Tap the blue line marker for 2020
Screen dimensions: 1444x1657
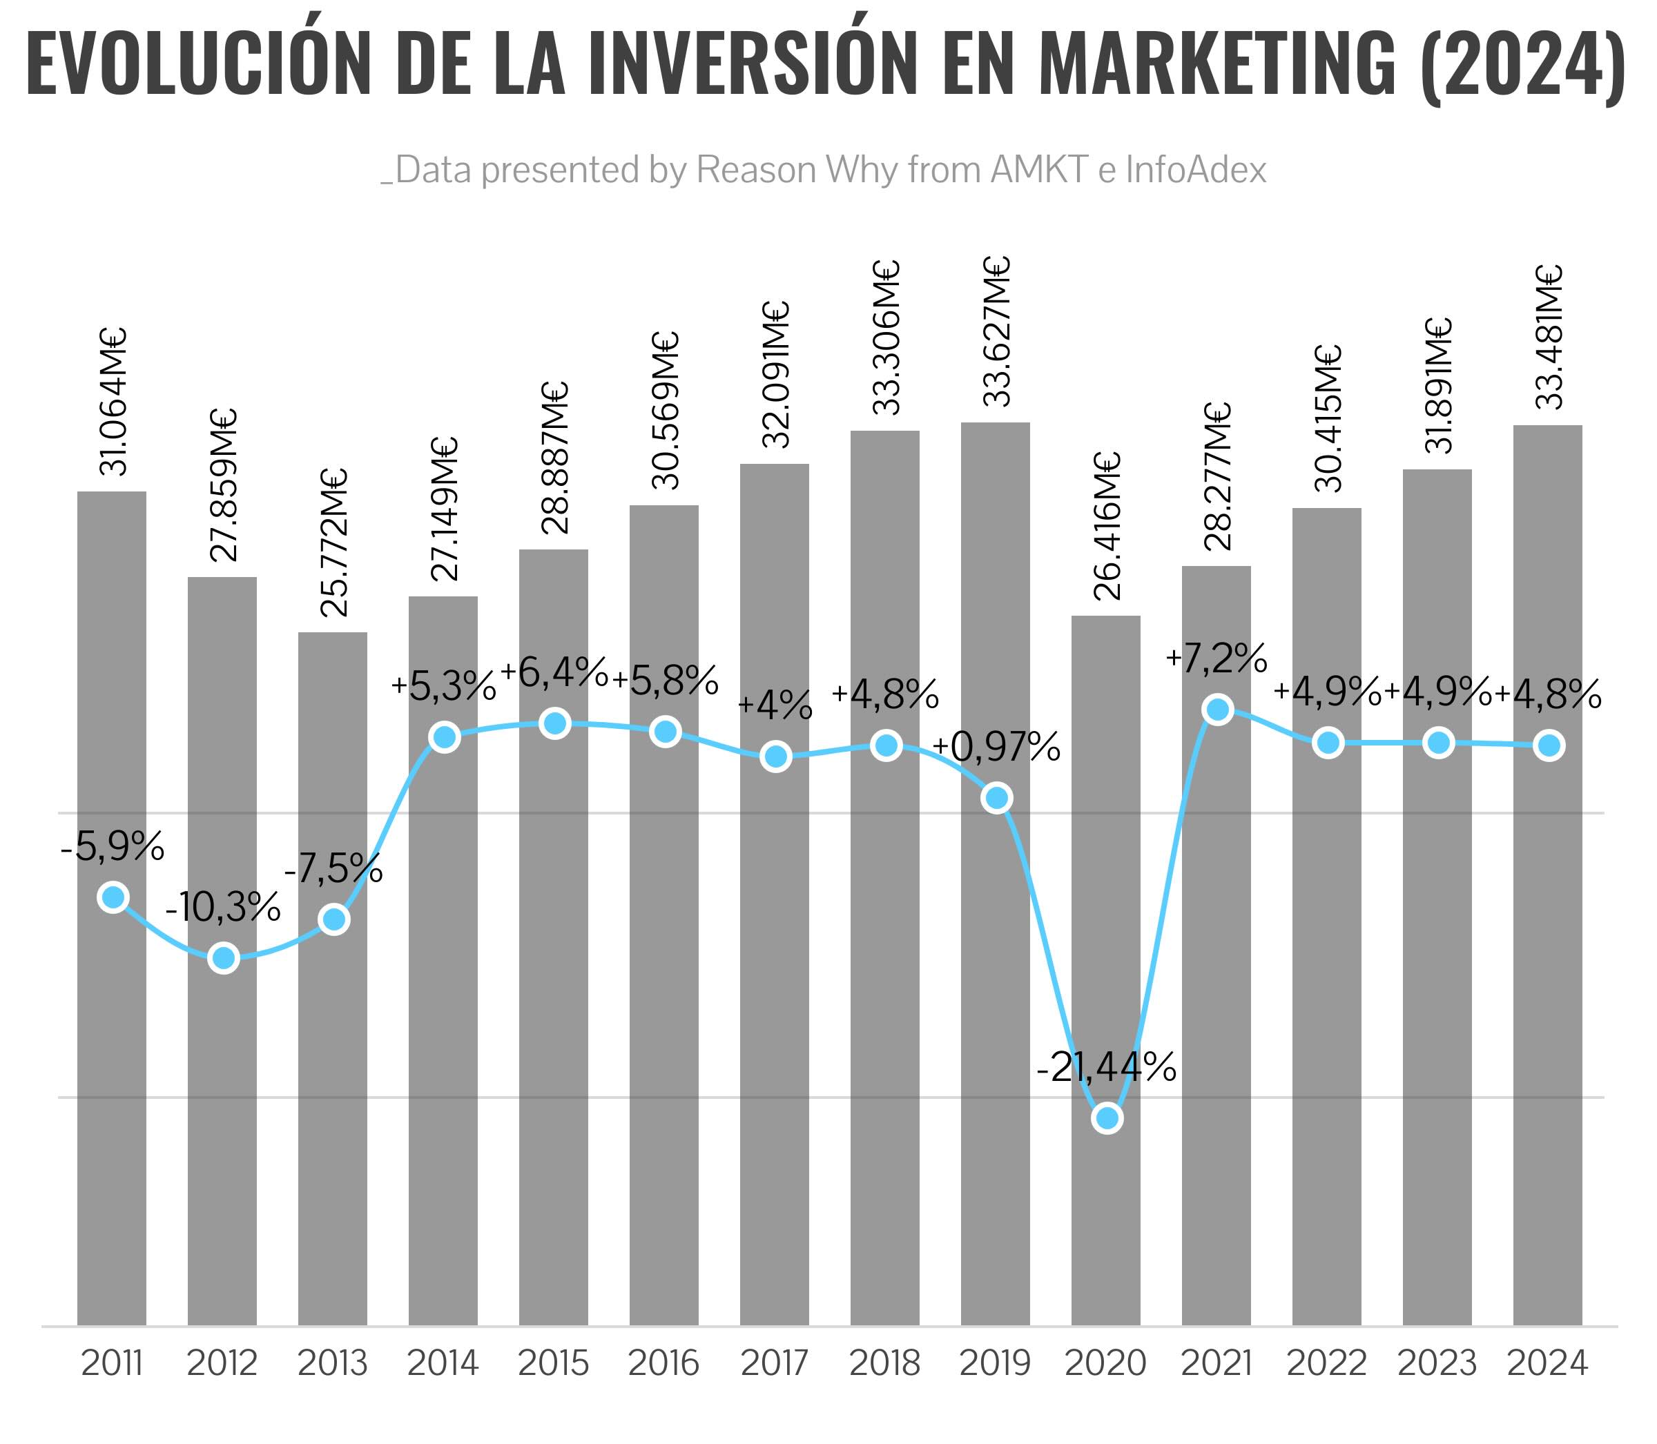pos(1107,1118)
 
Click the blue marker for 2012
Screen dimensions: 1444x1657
pos(223,958)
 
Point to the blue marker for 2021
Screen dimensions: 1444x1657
pos(1218,709)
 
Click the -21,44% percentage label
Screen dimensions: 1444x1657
pos(1106,1069)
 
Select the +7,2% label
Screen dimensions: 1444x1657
pos(1216,659)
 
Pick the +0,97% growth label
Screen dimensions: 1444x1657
pos(996,748)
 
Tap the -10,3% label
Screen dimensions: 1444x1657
pos(223,908)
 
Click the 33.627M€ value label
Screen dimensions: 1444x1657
pos(996,332)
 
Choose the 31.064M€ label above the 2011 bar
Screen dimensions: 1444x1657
pos(112,401)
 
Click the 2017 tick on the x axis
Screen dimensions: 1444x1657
pos(775,1363)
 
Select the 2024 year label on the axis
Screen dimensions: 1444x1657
pos(1547,1363)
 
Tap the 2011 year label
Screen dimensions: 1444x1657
pos(112,1363)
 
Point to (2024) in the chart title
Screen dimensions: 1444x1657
pos(1522,64)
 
